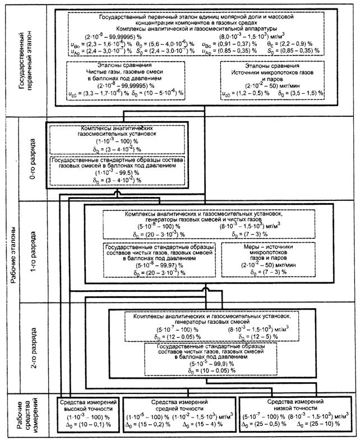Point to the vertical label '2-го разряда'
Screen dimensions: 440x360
[x=34, y=342]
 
